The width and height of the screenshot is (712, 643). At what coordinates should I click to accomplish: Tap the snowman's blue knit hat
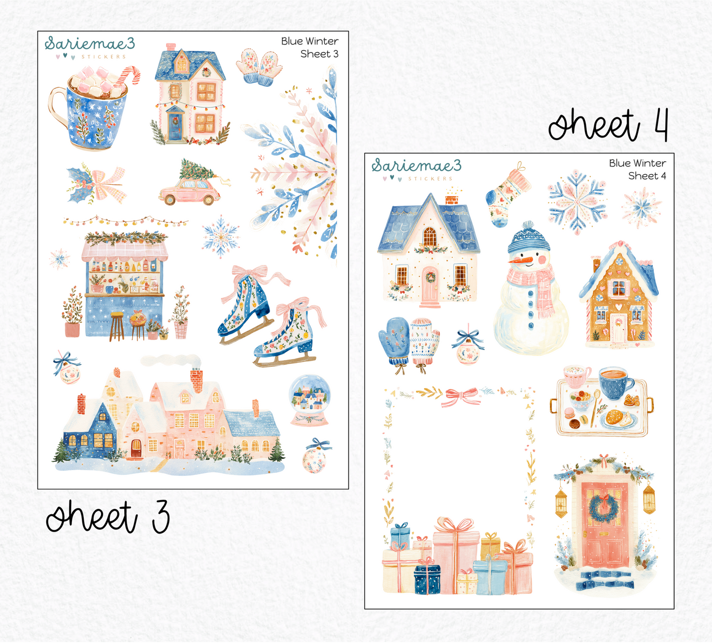pyautogui.click(x=529, y=239)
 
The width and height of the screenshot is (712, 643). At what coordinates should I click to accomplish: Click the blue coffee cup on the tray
pyautogui.click(x=616, y=383)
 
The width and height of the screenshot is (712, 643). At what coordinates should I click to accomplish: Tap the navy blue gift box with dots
pyautogui.click(x=427, y=578)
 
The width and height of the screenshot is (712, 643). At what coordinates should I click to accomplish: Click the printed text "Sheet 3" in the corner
pyautogui.click(x=319, y=54)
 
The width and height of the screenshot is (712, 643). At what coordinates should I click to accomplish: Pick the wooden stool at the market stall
pyautogui.click(x=117, y=326)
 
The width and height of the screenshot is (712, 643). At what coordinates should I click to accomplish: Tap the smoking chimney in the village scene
pyautogui.click(x=197, y=380)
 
